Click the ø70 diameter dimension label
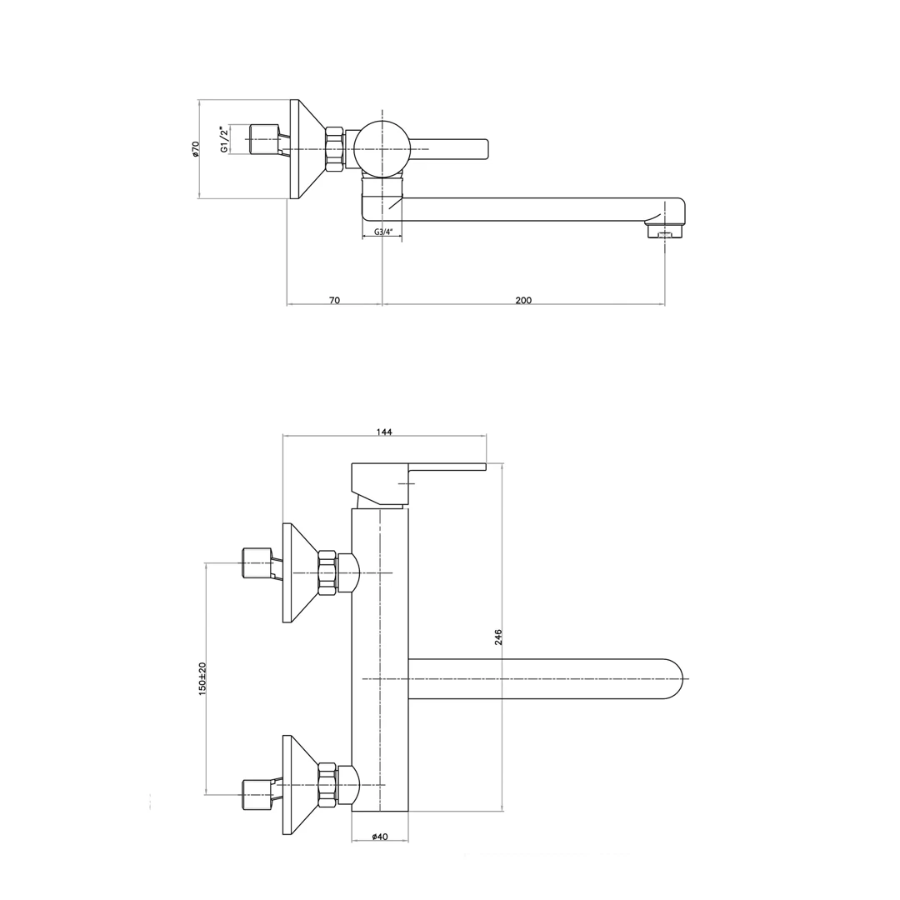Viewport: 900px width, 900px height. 195,148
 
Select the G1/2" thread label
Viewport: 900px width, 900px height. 224,139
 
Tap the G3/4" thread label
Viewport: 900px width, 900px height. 382,232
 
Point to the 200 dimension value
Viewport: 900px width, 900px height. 523,300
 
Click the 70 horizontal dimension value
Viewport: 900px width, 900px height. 335,300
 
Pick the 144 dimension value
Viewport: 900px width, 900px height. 384,432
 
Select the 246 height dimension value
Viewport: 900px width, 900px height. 498,637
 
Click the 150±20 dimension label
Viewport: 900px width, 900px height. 202,679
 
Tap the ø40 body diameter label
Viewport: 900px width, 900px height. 380,837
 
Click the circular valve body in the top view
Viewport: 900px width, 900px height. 382,148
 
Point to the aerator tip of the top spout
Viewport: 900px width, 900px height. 665,231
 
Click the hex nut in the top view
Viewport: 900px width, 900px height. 335,149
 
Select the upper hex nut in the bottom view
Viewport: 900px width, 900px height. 327,572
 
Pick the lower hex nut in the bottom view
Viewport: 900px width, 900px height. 327,785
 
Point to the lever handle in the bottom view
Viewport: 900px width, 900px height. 419,485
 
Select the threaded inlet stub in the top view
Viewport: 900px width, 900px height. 266,139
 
